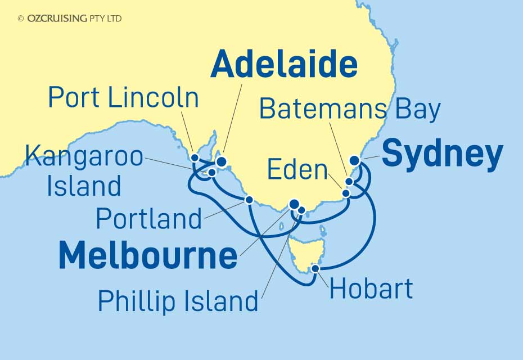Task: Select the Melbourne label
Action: click(148, 256)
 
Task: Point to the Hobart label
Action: click(371, 289)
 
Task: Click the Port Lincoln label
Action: click(124, 98)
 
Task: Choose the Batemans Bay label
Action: click(349, 110)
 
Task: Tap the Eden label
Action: click(297, 169)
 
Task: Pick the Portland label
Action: click(149, 218)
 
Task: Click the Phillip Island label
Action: click(178, 301)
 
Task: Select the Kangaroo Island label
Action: click(84, 171)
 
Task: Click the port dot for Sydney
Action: click(355, 160)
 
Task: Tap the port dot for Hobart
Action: click(315, 268)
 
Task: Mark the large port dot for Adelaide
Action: click(221, 162)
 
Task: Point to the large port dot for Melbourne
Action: click(294, 204)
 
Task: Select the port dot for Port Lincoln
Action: click(195, 157)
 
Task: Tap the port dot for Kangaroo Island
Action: click(212, 173)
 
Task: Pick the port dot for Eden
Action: click(346, 193)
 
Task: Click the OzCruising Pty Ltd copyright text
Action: click(70, 19)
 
